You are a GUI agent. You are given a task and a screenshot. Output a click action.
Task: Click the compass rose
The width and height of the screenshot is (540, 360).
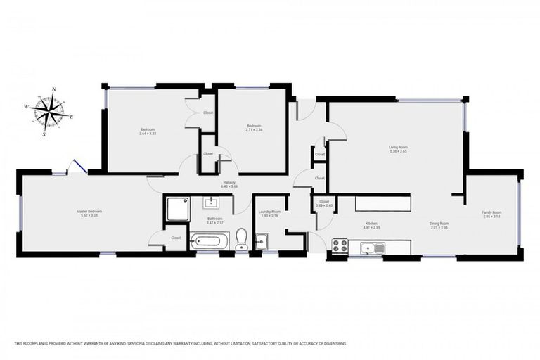tap(49, 110)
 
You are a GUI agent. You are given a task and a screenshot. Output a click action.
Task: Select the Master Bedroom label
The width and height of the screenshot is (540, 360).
tap(89, 212)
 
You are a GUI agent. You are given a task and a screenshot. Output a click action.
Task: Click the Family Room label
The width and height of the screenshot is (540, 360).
tap(491, 212)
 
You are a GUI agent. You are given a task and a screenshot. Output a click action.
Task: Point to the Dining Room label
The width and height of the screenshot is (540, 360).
tap(439, 224)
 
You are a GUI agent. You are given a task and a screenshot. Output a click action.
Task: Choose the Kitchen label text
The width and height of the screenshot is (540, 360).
tap(371, 224)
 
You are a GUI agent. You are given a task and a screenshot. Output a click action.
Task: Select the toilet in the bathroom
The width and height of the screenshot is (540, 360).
tap(241, 239)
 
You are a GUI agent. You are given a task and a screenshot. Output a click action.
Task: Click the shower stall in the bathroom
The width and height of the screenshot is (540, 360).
tap(176, 209)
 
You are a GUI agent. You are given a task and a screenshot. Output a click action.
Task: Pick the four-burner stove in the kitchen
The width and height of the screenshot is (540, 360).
tap(340, 246)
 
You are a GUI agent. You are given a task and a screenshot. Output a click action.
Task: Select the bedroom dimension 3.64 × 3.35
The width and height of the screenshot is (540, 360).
tap(148, 133)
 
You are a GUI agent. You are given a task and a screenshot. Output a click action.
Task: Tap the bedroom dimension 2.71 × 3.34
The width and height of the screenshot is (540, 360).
tap(253, 130)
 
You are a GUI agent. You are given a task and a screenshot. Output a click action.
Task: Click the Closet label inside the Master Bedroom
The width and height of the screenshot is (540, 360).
tap(176, 238)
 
